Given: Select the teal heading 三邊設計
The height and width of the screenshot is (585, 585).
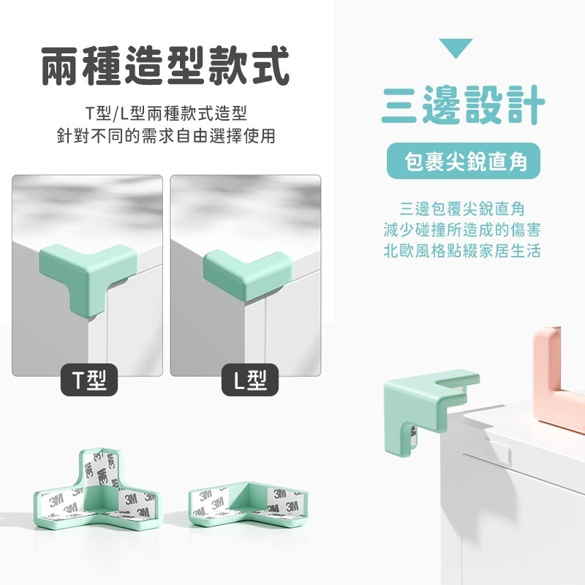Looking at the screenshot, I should coord(463,104).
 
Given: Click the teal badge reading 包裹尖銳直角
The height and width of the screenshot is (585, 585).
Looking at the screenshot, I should coord(463,160).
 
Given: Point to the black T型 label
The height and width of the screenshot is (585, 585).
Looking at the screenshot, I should coord(88,379).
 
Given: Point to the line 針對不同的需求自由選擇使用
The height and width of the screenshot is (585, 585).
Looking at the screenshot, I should coord(166,136).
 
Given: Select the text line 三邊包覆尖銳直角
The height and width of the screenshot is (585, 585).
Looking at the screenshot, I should coord(462,208).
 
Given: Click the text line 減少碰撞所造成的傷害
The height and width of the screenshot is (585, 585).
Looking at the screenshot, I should coord(462,229).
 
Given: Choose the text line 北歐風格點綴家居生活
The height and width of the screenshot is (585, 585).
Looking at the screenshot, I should coord(462,250).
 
